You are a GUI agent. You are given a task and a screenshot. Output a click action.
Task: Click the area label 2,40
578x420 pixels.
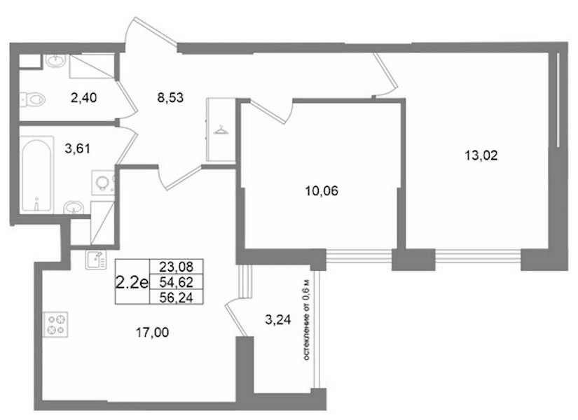[x=83, y=98]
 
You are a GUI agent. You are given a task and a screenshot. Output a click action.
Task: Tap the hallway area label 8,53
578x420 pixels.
[x=170, y=98]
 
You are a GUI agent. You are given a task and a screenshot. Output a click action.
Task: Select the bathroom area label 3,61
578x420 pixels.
[x=77, y=149]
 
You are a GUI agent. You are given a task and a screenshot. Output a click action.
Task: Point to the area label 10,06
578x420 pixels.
[x=322, y=191]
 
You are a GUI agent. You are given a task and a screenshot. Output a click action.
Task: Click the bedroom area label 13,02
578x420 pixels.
[x=481, y=155]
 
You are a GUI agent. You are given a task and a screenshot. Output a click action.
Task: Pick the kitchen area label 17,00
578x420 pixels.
[x=152, y=332]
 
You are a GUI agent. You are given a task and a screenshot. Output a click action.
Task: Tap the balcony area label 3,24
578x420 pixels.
[x=278, y=319]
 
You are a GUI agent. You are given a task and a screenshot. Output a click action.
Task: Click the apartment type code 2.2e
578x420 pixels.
[x=132, y=283]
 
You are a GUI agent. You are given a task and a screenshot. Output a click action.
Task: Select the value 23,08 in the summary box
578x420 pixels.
[x=176, y=266]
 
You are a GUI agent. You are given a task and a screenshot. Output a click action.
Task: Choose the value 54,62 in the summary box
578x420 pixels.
[x=176, y=282]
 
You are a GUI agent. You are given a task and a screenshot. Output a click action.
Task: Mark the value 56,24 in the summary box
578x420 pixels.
[x=176, y=297]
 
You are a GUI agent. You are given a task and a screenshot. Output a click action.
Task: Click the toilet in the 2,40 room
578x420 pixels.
[x=33, y=99]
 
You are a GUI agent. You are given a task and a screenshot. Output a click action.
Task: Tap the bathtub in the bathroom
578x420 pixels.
[x=36, y=174]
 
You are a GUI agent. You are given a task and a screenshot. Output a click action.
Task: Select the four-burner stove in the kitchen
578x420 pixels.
[x=55, y=325]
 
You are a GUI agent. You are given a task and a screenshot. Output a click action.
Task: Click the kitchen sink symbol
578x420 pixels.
[x=96, y=260]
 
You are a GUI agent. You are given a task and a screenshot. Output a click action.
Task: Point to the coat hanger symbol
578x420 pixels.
[x=221, y=130]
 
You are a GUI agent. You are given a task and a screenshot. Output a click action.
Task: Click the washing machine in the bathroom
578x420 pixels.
[x=103, y=182]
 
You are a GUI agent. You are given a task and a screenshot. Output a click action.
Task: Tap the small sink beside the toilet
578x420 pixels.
[x=55, y=61]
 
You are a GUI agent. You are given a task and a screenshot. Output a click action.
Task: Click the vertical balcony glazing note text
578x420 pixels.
[x=307, y=319]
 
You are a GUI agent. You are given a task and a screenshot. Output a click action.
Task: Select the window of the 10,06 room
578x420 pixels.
[x=359, y=255]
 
